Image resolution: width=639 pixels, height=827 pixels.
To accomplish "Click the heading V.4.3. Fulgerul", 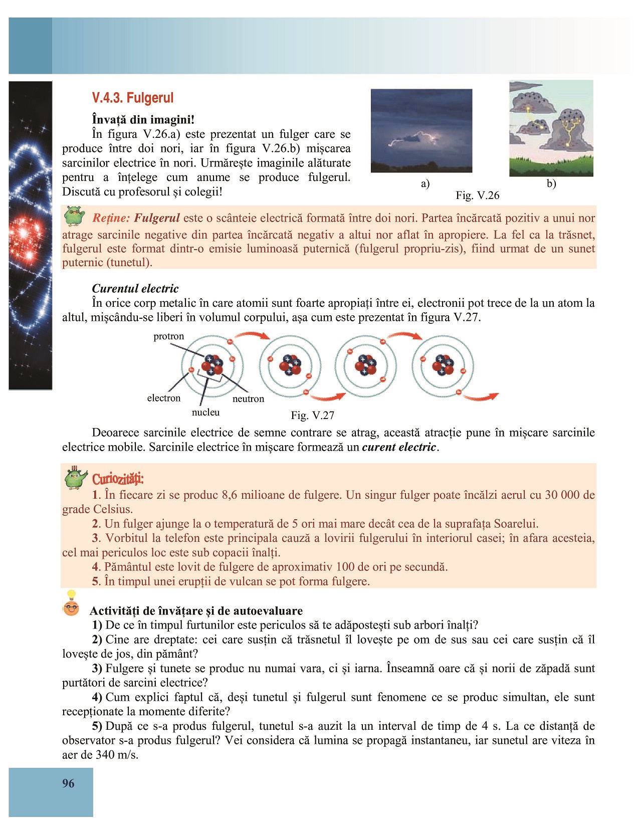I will pos(133,98).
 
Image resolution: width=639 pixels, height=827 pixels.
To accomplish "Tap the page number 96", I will pos(68,783).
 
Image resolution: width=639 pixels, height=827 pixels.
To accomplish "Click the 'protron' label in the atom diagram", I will pos(169,336).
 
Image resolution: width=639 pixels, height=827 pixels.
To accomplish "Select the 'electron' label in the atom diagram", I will pos(163,398).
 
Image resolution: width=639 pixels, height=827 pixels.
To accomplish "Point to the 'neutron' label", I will pos(248,399).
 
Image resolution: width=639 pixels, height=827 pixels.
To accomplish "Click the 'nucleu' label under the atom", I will pos(205,412).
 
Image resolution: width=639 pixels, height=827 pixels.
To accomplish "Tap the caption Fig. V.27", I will pos(312,416).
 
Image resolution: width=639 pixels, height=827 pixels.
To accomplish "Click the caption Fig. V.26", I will pos(477,195).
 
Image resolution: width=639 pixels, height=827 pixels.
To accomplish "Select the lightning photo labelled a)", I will pos(421,130).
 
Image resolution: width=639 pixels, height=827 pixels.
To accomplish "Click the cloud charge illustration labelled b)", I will pos(551,128).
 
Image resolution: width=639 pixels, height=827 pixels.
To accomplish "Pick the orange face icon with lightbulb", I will pos(71,604).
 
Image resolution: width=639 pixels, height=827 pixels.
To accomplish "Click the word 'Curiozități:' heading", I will pos(118,479).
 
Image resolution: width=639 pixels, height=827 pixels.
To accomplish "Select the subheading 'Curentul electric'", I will pos(135,289).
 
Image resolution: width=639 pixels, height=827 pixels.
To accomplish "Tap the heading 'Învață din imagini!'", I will pos(143,120).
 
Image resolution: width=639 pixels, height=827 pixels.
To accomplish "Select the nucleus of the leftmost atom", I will pos(212,365).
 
